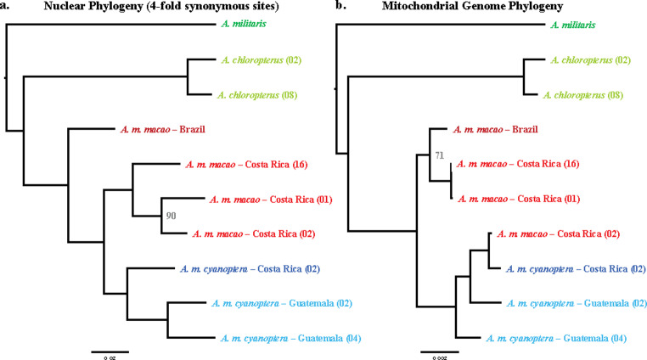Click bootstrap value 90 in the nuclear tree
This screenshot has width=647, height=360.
tap(171, 217)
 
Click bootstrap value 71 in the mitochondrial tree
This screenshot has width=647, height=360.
tap(439, 155)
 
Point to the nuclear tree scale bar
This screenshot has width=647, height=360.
tap(110, 349)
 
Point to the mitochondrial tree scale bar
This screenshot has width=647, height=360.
tap(440, 349)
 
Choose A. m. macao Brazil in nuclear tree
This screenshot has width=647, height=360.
tap(160, 130)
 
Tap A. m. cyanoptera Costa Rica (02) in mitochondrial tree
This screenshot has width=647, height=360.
tap(577, 268)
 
